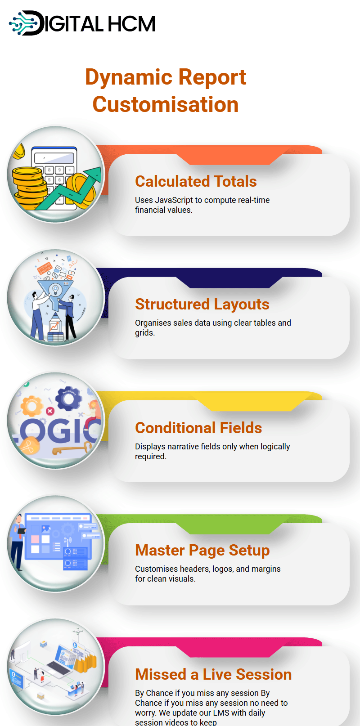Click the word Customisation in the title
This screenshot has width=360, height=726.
tap(166, 104)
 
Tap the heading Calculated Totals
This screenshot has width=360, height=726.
tap(196, 181)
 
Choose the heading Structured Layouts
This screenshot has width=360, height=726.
tap(202, 304)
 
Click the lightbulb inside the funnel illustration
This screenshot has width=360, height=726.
tap(55, 289)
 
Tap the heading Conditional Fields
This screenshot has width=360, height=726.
tap(198, 427)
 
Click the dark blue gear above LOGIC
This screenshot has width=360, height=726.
tap(69, 399)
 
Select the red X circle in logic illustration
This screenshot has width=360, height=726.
tap(49, 411)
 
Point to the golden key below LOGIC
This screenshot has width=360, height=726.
tap(71, 449)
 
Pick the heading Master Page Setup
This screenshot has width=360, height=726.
tap(202, 550)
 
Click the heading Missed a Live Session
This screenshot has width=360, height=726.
tap(213, 674)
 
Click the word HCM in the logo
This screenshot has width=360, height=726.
tap(131, 24)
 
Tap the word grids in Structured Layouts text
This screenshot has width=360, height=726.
tap(144, 333)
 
